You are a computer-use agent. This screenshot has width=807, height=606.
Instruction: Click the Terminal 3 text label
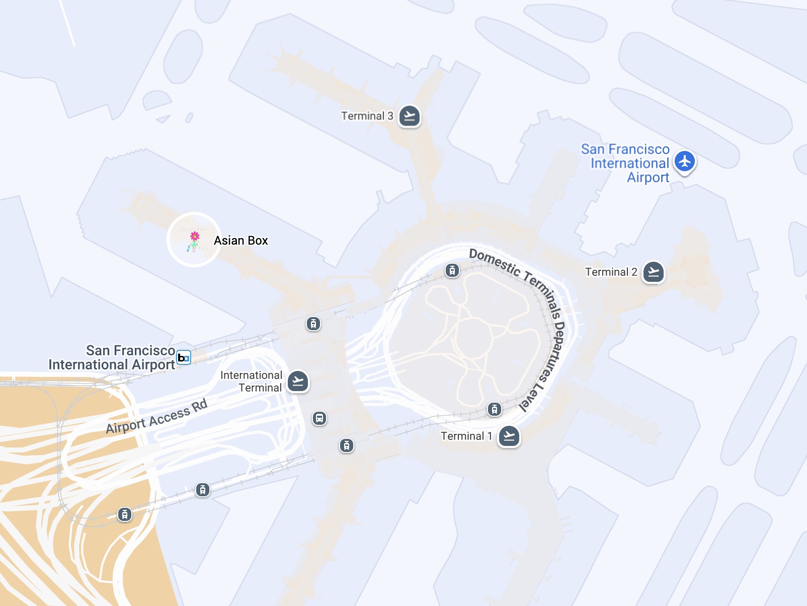click(x=367, y=116)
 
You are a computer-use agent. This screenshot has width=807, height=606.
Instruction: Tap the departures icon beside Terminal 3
click(x=410, y=116)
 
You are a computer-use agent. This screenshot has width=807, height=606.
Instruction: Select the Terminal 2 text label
click(x=611, y=272)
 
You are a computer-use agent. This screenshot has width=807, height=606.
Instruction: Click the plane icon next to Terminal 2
click(x=654, y=272)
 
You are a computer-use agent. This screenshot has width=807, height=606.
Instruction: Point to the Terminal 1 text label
click(x=466, y=436)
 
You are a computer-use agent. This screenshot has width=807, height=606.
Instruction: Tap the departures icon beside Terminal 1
click(x=509, y=436)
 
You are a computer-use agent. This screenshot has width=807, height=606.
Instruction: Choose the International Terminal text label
click(x=251, y=382)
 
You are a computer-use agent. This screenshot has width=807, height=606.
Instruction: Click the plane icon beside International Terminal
click(x=298, y=382)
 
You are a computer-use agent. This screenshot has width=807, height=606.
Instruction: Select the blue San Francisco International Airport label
click(x=626, y=164)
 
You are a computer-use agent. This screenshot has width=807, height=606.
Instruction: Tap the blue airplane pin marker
click(x=685, y=162)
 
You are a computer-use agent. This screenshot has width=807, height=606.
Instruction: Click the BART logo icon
click(x=184, y=357)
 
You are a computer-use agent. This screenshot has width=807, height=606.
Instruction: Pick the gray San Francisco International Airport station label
click(x=112, y=357)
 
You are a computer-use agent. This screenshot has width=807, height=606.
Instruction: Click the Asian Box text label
click(x=241, y=241)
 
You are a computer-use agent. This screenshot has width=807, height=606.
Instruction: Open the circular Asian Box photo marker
click(x=194, y=240)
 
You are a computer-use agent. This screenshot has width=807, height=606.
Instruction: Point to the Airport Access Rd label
click(x=156, y=417)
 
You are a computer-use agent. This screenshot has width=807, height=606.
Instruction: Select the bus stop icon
click(x=319, y=418)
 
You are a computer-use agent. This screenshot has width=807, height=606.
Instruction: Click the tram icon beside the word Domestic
click(x=452, y=271)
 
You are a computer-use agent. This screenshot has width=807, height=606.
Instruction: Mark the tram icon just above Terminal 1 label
click(x=495, y=409)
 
